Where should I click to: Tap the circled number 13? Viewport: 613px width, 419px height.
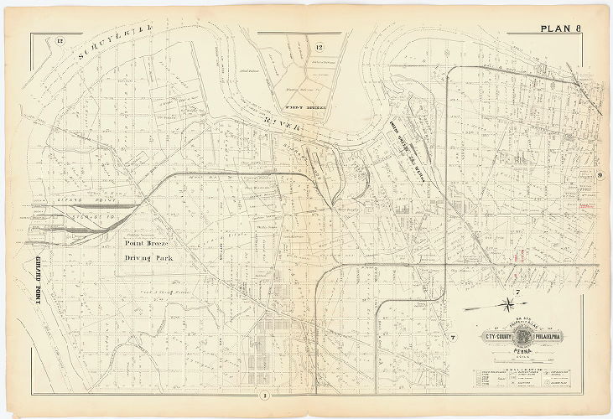60,40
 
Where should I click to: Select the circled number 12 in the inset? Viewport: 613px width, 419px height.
319,46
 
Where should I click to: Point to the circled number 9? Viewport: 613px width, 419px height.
600,175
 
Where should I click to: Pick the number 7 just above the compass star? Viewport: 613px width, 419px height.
518,291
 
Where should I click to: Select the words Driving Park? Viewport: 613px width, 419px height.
148,259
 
